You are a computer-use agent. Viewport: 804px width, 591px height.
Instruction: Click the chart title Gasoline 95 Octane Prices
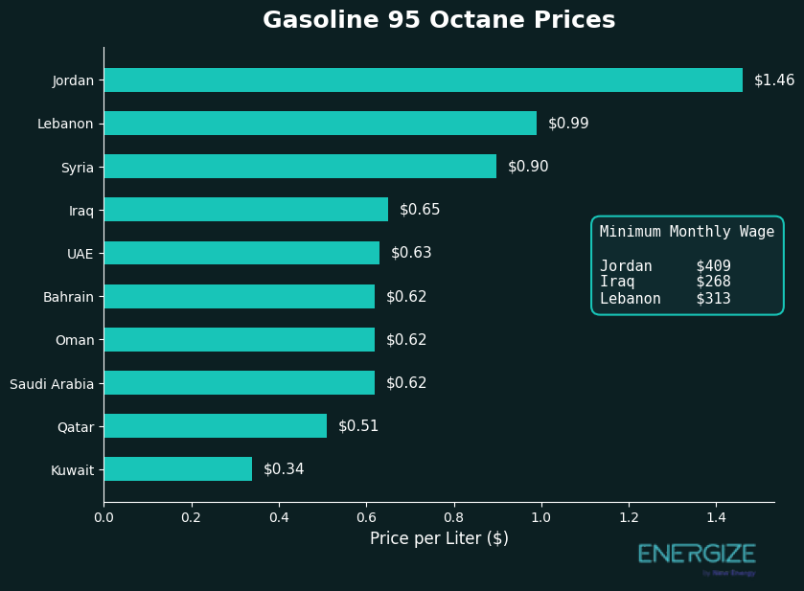pos(439,21)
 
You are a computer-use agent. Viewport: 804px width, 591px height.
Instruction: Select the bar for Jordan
pos(423,80)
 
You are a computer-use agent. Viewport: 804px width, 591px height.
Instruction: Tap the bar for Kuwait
pos(177,469)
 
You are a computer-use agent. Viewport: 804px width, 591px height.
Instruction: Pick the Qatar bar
pos(215,426)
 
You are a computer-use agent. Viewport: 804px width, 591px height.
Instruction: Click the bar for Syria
pos(300,167)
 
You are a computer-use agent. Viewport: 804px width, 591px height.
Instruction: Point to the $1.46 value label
pos(773,80)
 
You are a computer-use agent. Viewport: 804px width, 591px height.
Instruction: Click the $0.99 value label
pos(568,124)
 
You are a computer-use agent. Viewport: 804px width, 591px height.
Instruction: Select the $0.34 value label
pos(284,469)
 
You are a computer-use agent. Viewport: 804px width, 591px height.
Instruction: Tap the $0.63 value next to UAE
pos(411,253)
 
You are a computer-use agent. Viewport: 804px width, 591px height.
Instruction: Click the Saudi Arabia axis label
pos(52,384)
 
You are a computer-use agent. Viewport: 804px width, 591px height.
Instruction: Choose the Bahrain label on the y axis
pos(68,297)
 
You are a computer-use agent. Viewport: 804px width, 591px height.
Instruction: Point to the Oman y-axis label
pos(74,340)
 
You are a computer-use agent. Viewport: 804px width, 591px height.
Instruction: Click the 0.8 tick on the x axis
pos(453,518)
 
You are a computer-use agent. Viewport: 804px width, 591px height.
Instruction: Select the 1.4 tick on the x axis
pos(716,518)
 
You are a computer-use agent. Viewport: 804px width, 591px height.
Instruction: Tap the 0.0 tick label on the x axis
pos(103,518)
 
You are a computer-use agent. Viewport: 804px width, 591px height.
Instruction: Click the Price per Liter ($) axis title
pos(439,539)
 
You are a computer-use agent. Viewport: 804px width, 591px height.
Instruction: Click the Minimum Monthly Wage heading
pos(687,232)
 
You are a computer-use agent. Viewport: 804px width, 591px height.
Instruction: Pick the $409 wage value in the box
pos(713,266)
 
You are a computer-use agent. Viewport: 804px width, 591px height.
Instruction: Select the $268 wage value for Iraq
pos(713,283)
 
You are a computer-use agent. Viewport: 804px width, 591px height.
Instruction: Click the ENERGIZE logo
pos(697,555)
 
